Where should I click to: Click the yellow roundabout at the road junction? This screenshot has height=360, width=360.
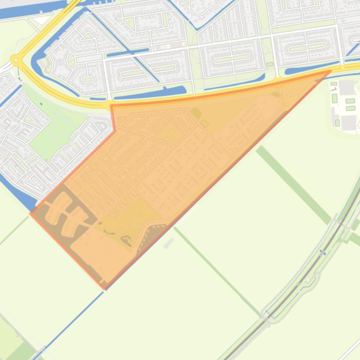coord(16,59)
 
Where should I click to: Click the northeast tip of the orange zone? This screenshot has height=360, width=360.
coord(331,71)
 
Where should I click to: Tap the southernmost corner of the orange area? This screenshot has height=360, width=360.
coord(104,286)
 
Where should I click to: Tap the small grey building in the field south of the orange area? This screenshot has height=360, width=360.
coord(169,243)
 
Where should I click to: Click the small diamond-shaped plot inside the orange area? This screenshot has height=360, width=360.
coord(205,123)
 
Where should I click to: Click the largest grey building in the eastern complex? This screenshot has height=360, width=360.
coord(349,122)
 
